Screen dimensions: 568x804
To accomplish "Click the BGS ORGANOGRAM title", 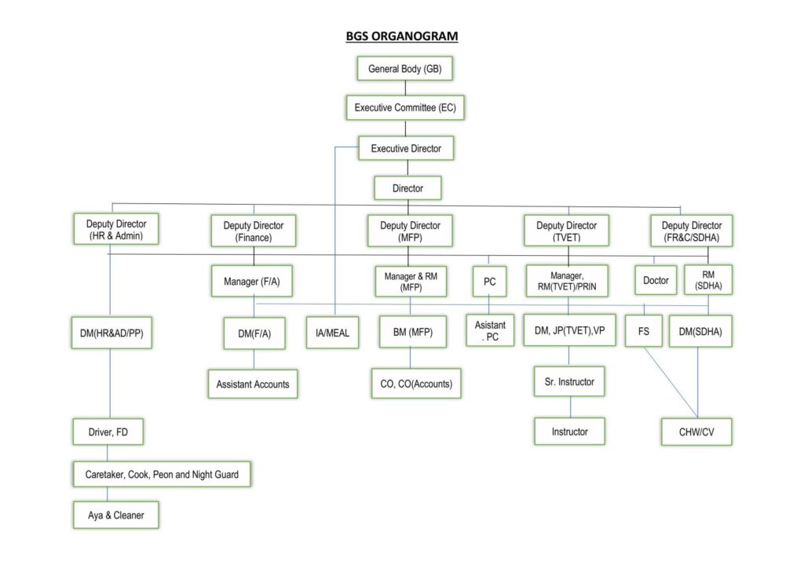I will [x=402, y=36].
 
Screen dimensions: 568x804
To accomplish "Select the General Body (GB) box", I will [x=404, y=69].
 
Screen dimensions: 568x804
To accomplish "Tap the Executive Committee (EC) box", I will [x=405, y=107].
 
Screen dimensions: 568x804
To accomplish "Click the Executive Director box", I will [x=406, y=147].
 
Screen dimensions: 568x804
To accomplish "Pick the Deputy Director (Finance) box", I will [x=253, y=231].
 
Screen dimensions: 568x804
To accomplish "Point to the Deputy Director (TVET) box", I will [x=567, y=231].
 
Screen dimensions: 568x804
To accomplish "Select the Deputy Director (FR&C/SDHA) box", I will [x=691, y=231].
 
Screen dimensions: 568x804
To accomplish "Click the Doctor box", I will [x=656, y=280].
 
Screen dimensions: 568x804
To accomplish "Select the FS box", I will [x=643, y=331].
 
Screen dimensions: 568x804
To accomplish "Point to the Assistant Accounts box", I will [x=253, y=384].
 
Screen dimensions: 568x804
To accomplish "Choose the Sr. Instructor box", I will [x=569, y=381].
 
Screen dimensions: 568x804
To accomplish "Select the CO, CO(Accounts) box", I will [x=415, y=384].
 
